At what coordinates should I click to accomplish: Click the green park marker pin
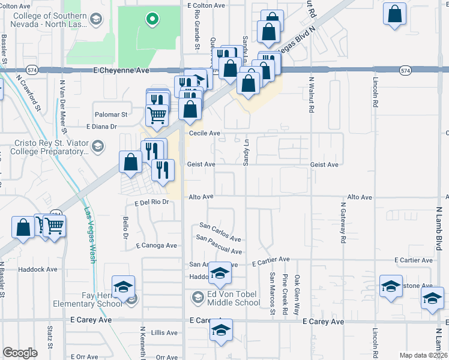pyautogui.click(x=152, y=19)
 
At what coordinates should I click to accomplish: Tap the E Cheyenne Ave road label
pyautogui.click(x=121, y=70)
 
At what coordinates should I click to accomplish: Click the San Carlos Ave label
pyautogui.click(x=220, y=230)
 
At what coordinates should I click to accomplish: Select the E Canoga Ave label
pyautogui.click(x=156, y=245)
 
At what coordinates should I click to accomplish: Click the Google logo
pyautogui.click(x=20, y=353)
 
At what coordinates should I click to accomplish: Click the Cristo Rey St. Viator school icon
pyautogui.click(x=96, y=146)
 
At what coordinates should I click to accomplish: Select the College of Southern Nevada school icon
pyautogui.click(x=95, y=20)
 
